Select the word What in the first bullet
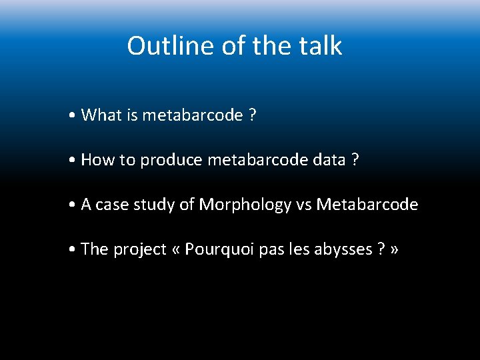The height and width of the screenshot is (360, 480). [x=101, y=115]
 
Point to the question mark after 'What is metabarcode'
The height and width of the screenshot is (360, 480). [x=253, y=115]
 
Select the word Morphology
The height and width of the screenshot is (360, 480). [x=245, y=205]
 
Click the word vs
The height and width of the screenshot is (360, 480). [x=304, y=205]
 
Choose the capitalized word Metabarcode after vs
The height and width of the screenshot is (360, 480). [x=367, y=205]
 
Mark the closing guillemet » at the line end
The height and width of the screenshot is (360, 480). [x=395, y=250]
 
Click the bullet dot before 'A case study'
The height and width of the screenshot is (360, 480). [x=72, y=205]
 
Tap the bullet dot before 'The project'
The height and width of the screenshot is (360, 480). [x=72, y=250]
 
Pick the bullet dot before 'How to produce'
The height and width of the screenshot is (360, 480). [x=72, y=161]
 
